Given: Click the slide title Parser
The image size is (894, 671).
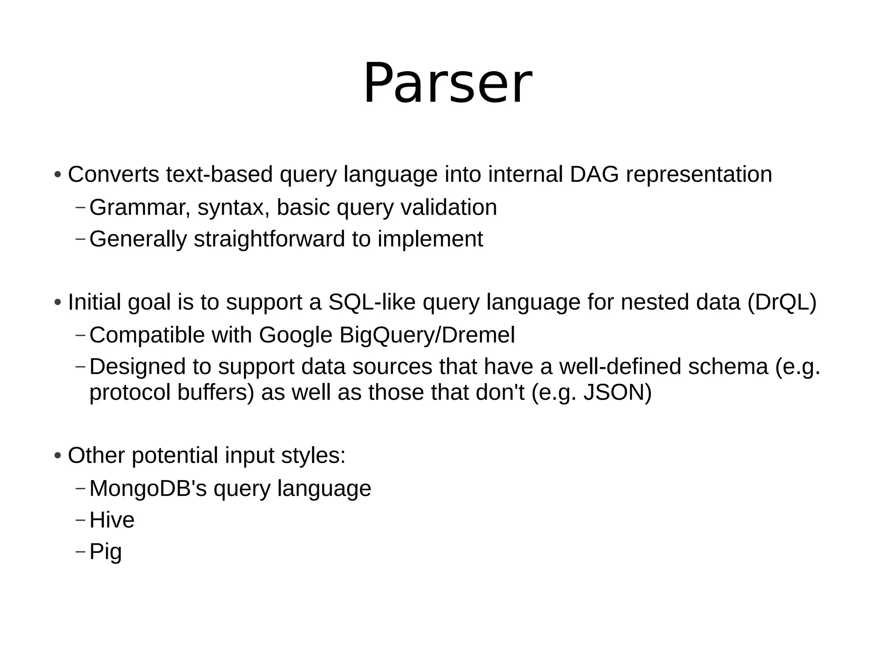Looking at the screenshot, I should (x=447, y=83).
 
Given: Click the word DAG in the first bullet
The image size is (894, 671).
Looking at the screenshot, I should (x=594, y=174).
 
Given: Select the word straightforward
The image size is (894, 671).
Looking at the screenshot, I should (x=269, y=239).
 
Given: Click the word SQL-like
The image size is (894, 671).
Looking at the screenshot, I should (x=371, y=302).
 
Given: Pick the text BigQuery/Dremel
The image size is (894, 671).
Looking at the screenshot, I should (x=427, y=335).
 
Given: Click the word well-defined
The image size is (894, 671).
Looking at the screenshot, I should (x=620, y=366).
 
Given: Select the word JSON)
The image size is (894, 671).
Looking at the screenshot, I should (x=617, y=392).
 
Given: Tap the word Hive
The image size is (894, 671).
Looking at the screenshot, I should (x=112, y=520).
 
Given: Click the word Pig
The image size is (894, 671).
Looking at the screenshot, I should (x=105, y=552).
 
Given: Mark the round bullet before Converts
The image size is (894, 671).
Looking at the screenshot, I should (x=58, y=175).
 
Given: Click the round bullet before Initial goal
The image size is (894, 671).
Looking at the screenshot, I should (x=58, y=303).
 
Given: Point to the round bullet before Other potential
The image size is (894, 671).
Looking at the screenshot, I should (x=58, y=456).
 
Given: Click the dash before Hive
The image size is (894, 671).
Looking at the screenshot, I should (x=80, y=520).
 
